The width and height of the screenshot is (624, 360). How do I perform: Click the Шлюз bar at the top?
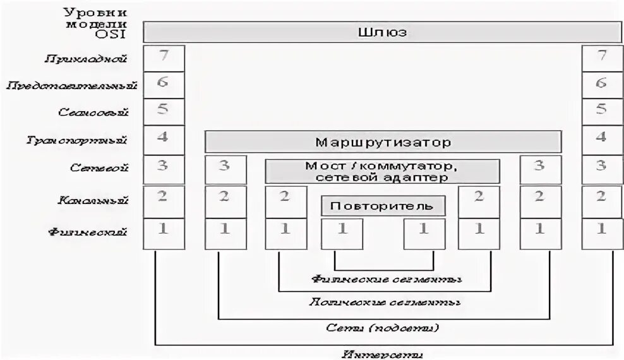(x=381, y=32)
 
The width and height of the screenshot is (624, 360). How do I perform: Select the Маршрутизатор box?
(x=383, y=141)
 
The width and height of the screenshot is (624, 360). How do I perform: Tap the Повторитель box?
(x=383, y=206)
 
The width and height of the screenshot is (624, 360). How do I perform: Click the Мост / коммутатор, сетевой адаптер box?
(x=382, y=171)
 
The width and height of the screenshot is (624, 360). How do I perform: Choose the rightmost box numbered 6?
(x=601, y=84)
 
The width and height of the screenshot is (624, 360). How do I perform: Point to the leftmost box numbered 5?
(x=164, y=111)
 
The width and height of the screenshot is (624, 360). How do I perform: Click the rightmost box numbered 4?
(x=601, y=138)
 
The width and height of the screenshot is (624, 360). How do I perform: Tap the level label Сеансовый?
(x=93, y=112)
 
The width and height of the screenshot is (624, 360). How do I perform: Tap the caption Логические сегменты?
(x=384, y=302)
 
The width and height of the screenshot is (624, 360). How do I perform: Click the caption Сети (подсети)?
(x=383, y=327)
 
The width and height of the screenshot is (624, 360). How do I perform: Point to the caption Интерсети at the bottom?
(x=383, y=353)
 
